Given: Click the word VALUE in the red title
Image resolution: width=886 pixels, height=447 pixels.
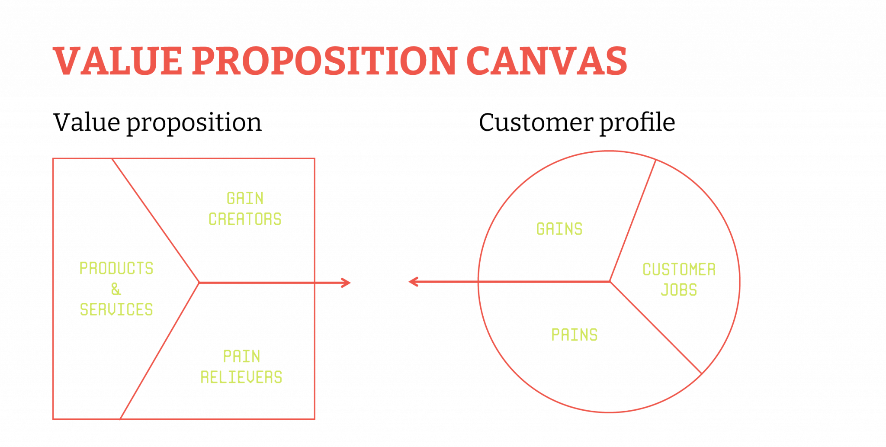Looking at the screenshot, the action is tap(118, 61).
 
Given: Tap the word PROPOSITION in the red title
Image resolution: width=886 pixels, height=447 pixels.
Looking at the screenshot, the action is tap(324, 61).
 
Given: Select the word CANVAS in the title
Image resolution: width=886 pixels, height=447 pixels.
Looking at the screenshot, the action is tap(547, 61).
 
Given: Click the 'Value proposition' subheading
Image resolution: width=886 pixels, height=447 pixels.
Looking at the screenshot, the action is tap(157, 123).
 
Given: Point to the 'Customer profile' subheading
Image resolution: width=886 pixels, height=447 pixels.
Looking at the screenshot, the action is tap(577, 123).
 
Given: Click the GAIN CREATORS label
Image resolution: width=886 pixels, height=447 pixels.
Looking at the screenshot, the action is tap(245, 209).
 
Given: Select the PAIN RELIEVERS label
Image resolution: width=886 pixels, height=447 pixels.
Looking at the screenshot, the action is tap(241, 367).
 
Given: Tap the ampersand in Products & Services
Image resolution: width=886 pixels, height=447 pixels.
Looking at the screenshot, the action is tap(116, 289).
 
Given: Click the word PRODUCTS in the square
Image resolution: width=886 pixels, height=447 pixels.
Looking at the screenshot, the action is tap(116, 268).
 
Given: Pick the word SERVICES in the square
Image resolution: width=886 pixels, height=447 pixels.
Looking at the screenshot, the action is tap(116, 310).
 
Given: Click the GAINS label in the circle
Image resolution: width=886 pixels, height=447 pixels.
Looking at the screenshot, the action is tap(559, 229).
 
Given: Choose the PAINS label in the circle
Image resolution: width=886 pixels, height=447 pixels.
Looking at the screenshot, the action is tap(575, 335).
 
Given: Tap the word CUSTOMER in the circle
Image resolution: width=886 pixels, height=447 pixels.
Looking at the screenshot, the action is tap(679, 270).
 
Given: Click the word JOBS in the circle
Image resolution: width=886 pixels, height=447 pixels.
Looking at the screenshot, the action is tap(679, 290).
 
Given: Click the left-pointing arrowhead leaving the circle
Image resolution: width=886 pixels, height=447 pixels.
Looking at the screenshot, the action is tap(414, 282).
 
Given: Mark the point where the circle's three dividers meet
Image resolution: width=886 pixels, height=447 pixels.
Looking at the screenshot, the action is tap(610, 282).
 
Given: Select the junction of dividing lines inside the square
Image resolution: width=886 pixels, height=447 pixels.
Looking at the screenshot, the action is tap(199, 283).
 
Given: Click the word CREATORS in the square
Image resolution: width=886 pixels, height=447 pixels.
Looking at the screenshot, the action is tap(245, 219).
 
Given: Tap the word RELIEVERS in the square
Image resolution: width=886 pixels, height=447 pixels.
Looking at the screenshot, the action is tap(241, 377).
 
